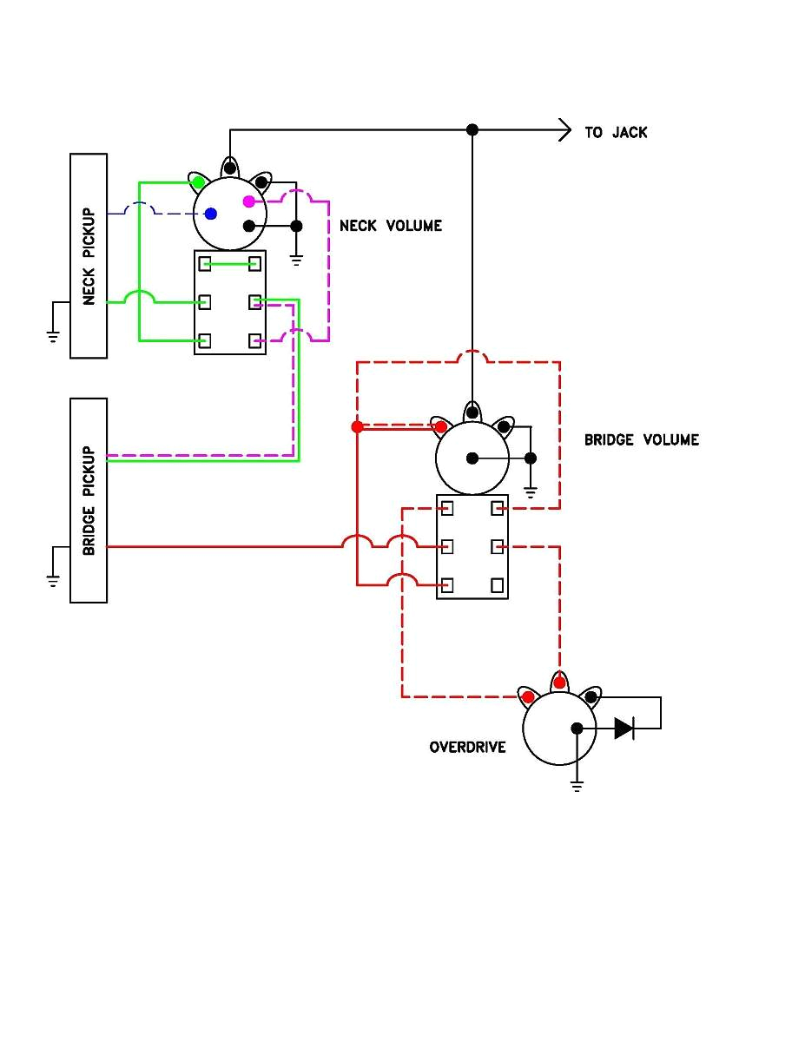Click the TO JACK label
616,133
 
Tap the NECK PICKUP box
89,255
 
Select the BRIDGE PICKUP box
89,500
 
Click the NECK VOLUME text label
390,226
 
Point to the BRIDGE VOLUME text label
641,439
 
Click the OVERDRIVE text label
467,747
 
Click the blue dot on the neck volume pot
211,214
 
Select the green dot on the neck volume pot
198,182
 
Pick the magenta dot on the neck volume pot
249,201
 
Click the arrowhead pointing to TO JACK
565,130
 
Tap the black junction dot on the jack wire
472,130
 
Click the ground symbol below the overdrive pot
577,786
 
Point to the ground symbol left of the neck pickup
53,335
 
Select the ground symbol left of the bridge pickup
53,579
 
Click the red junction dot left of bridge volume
357,427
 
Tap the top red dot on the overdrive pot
559,683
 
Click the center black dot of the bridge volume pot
472,458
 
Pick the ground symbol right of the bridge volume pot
531,492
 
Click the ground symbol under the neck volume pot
296,259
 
